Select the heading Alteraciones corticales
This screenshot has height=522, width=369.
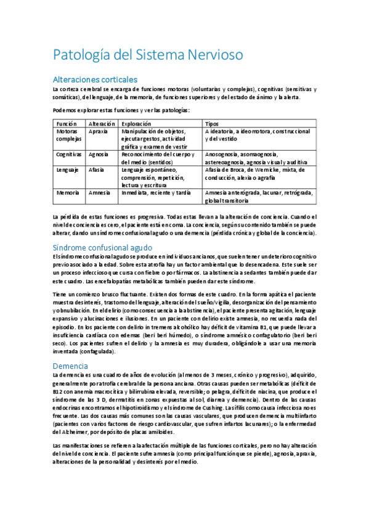(95, 79)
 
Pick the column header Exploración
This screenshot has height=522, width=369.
(136, 124)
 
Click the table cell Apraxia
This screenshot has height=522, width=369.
(99, 132)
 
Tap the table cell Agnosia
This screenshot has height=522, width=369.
(99, 154)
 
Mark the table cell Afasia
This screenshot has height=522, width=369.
(97, 169)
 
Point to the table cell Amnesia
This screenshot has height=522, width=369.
(99, 192)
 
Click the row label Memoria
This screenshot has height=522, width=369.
(67, 192)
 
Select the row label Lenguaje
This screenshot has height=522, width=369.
(67, 169)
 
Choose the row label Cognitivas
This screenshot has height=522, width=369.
(69, 154)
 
